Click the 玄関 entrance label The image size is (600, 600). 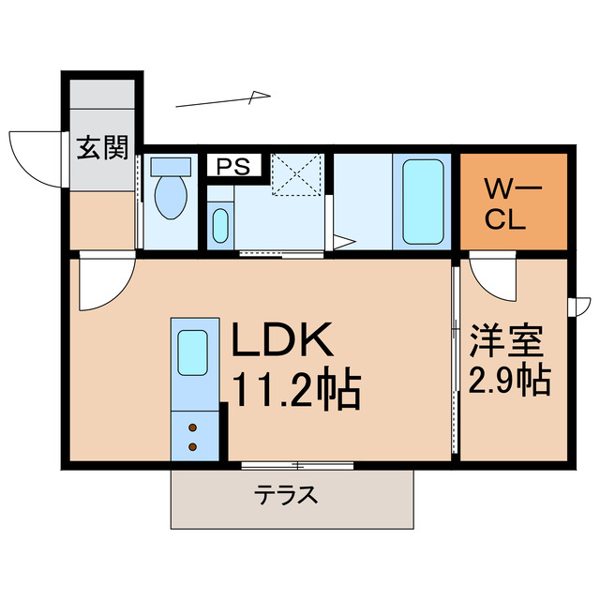[102, 148]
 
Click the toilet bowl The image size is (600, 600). [171, 198]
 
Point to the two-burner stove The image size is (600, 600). [192, 435]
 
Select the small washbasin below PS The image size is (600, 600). [219, 225]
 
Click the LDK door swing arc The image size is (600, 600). [103, 286]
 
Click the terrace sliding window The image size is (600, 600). [297, 465]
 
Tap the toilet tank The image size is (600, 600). [170, 166]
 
